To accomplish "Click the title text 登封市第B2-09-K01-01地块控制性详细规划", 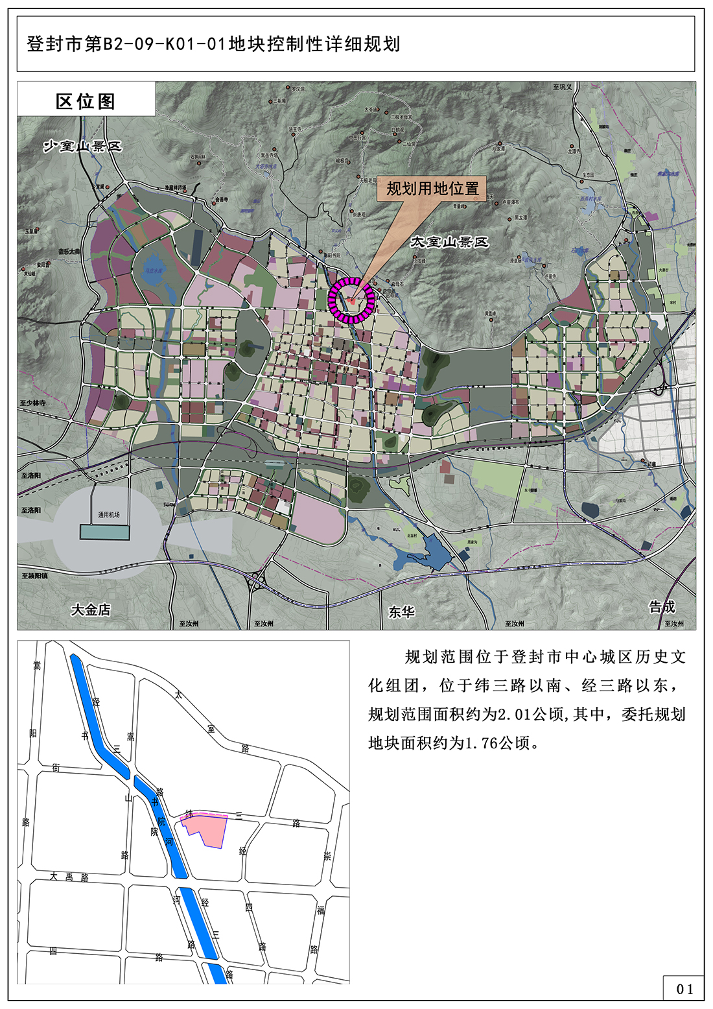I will tap(213, 44).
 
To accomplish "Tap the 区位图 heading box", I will tap(86, 101).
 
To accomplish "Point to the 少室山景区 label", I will tap(82, 147).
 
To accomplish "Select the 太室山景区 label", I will tap(449, 242).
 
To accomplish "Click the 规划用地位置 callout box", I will tap(432, 189).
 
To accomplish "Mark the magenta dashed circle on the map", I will tap(351, 300).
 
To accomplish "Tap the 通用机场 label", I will tap(109, 515).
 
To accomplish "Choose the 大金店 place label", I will tap(91, 610).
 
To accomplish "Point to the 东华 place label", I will tap(401, 611).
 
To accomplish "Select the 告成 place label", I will tap(662, 607).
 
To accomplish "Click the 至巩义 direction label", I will tap(563, 87).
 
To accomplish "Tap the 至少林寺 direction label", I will tap(33, 403).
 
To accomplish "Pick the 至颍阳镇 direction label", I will tap(34, 575).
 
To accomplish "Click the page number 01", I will tap(684, 989).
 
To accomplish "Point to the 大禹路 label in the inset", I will tap(69, 877).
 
